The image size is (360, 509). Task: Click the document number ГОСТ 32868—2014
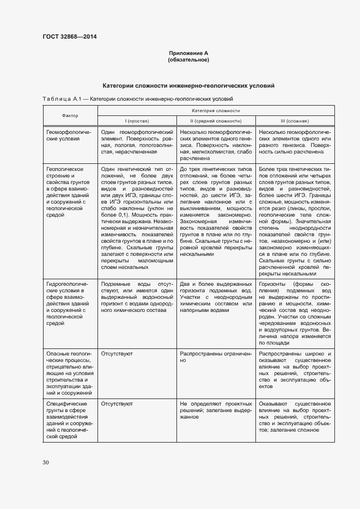point(69,37)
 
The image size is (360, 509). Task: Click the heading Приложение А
point(188,53)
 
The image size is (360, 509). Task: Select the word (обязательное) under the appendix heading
point(188,59)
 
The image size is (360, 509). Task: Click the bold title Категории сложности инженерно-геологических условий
point(188,86)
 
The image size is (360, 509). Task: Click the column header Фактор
point(70,115)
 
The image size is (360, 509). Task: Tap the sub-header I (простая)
point(137,121)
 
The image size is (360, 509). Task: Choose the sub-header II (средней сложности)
point(216,121)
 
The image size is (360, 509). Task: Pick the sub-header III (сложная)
point(294,121)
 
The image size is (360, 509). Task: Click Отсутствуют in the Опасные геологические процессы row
point(117,353)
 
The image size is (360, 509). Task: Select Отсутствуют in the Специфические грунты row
point(117,403)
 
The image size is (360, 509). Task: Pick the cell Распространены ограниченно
point(216,357)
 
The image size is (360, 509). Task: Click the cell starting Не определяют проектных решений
point(216,410)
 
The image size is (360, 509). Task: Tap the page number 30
point(46,462)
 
